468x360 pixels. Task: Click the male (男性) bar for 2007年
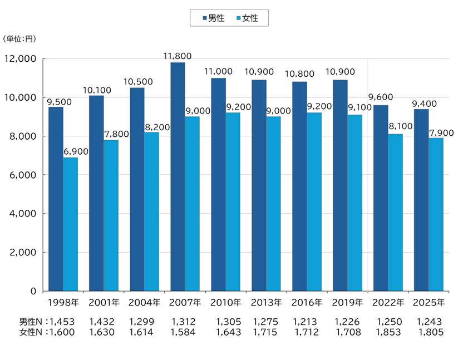[x=178, y=176]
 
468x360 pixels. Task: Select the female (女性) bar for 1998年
[x=70, y=224]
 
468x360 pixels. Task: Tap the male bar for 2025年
[x=421, y=200]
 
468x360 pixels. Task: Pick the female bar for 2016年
[x=314, y=201]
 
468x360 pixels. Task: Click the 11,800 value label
[x=178, y=56]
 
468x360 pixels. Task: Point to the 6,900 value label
[x=75, y=151]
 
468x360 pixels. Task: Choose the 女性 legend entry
[x=247, y=18]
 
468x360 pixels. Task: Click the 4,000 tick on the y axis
[x=23, y=214]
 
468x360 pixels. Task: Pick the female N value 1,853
[x=388, y=332]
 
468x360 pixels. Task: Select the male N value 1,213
[x=306, y=322]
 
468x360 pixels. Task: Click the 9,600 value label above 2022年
[x=381, y=98]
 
